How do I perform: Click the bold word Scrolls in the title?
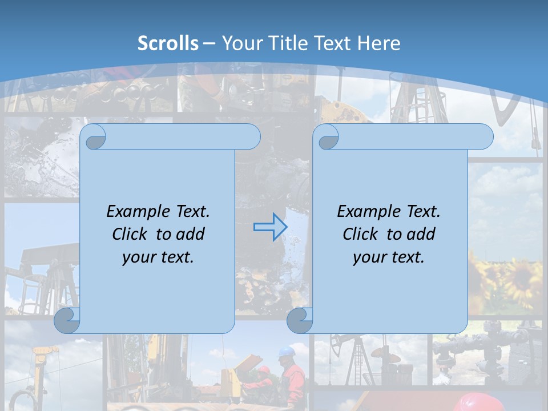(168, 43)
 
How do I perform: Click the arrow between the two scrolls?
(270, 227)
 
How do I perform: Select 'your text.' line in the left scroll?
(158, 257)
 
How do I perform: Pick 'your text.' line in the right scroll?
(389, 257)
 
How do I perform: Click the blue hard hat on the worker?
(287, 350)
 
